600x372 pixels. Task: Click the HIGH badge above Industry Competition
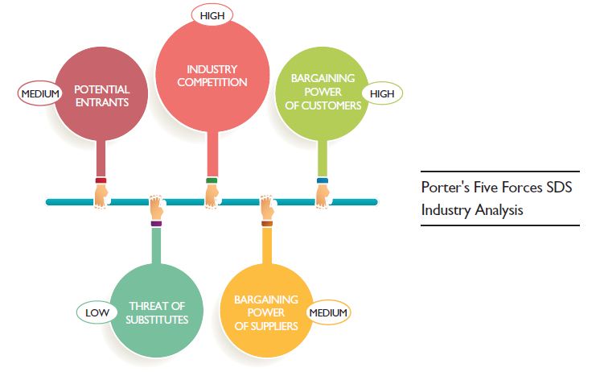(211, 14)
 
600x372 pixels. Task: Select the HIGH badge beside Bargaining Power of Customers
(383, 94)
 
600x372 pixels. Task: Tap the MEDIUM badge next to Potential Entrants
(39, 94)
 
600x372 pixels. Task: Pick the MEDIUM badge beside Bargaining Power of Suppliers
(328, 312)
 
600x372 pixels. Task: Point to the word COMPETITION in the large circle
(212, 82)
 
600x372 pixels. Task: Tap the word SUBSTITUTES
(158, 319)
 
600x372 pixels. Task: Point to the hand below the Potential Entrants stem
(101, 195)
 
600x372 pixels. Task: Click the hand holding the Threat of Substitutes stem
(156, 208)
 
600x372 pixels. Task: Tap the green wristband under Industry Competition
(212, 180)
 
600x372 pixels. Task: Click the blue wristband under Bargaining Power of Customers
(323, 180)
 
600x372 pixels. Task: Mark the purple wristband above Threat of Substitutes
(156, 223)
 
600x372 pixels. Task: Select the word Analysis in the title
(498, 210)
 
